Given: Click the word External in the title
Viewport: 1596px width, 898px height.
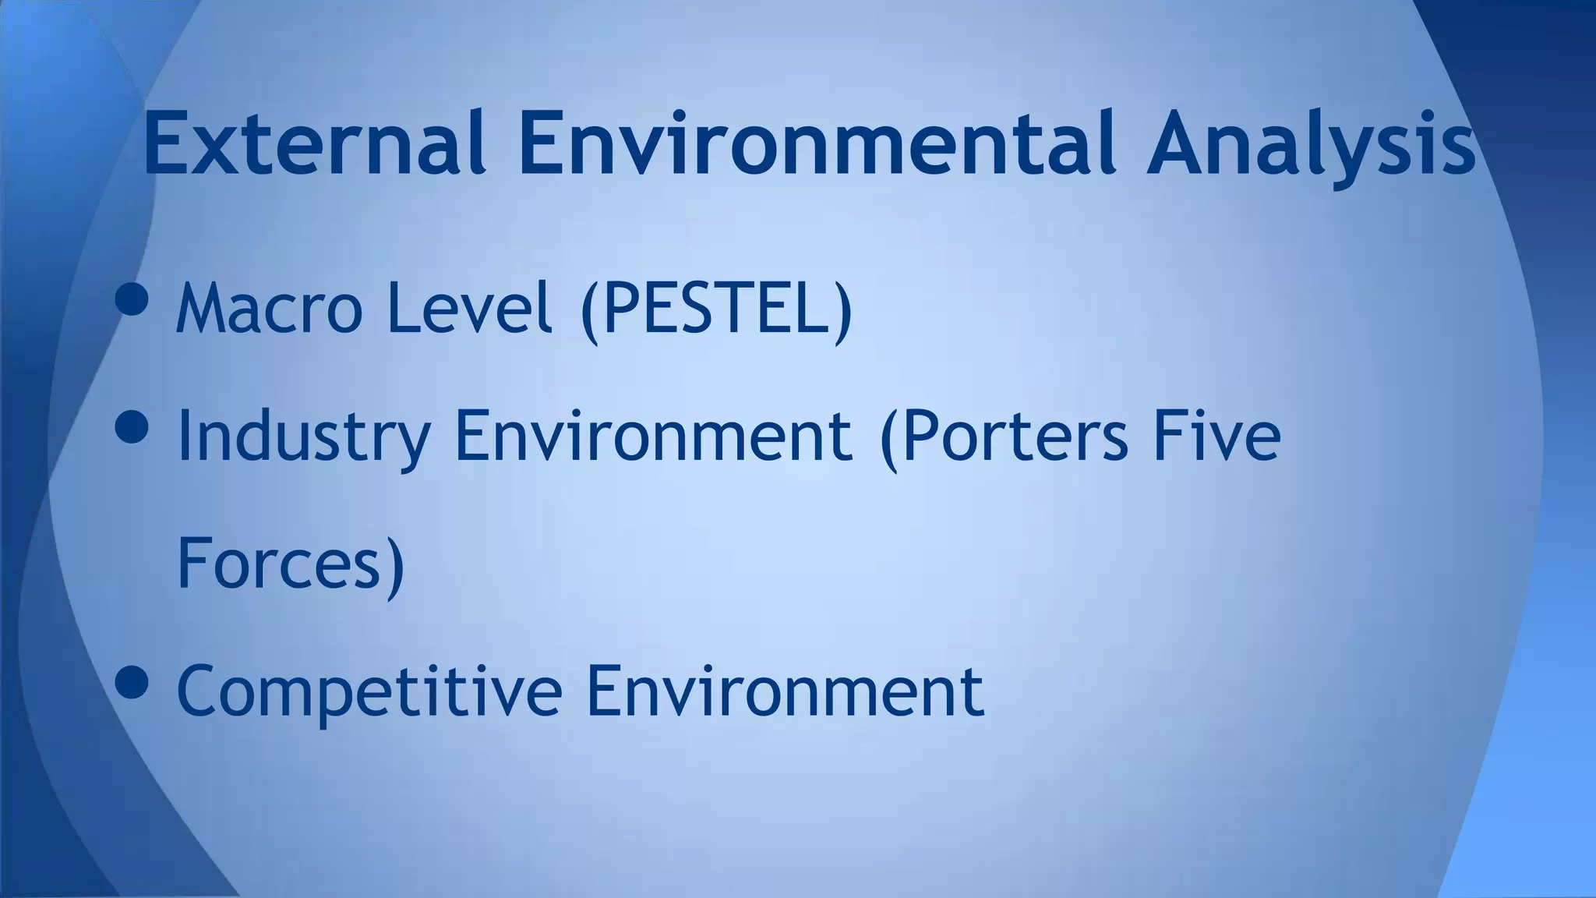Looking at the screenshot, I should [315, 144].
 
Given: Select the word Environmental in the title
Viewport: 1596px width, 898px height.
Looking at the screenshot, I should [817, 144].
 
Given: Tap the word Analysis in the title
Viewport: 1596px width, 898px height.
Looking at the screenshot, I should [1310, 144].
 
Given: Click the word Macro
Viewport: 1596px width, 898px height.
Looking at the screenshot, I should [270, 308].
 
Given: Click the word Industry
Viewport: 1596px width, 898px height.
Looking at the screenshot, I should [304, 437].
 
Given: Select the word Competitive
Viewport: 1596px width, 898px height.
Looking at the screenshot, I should [369, 691].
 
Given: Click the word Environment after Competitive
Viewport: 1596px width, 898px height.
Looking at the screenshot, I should [785, 689].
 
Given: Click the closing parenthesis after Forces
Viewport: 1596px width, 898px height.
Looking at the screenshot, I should [395, 566].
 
